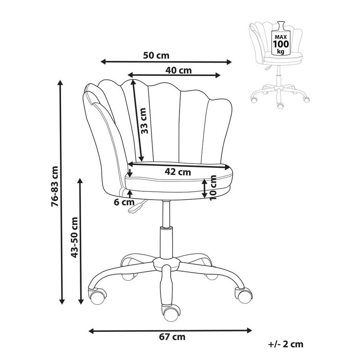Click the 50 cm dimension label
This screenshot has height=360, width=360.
(x=153, y=56)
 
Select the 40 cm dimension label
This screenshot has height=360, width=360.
(x=178, y=70)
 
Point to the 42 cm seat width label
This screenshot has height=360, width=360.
(x=178, y=172)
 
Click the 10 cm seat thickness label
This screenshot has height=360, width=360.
(x=213, y=187)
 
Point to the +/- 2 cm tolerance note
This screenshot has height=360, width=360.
(x=286, y=344)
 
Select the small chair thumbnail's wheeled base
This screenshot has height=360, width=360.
(x=279, y=94)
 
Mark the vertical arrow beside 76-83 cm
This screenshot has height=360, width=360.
(x=61, y=192)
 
